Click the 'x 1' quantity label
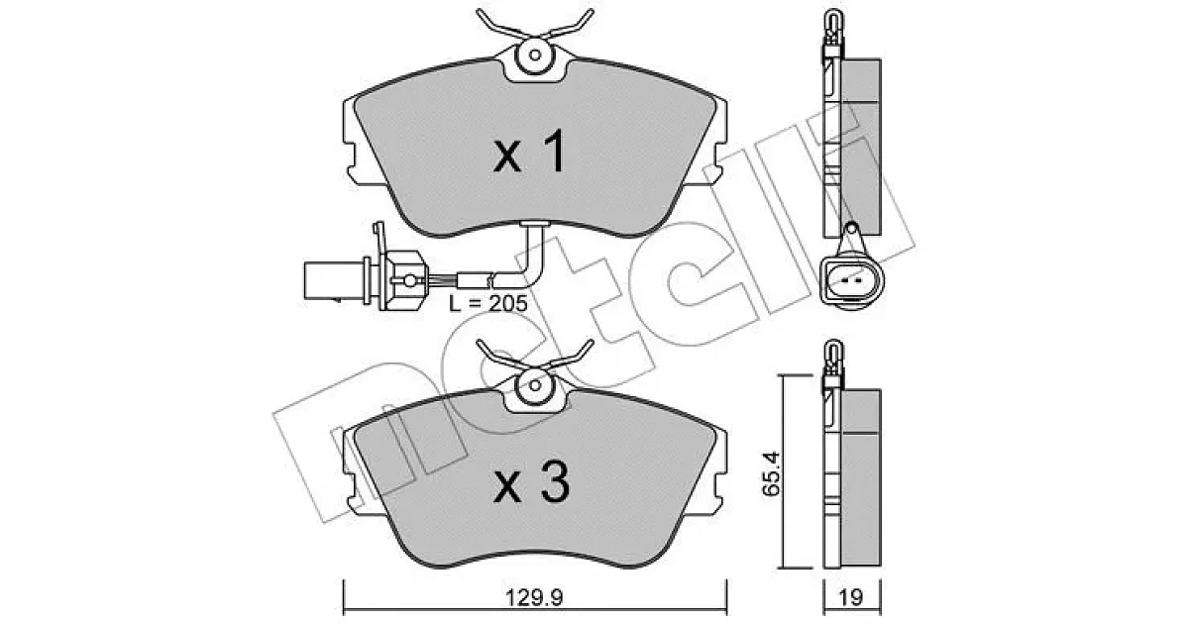(530, 153)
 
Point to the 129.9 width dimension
(534, 598)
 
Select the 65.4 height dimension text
(770, 473)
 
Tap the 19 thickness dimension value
(851, 598)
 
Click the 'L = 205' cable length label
(488, 303)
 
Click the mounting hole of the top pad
(535, 54)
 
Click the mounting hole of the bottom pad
(535, 385)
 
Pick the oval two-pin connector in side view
(851, 280)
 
